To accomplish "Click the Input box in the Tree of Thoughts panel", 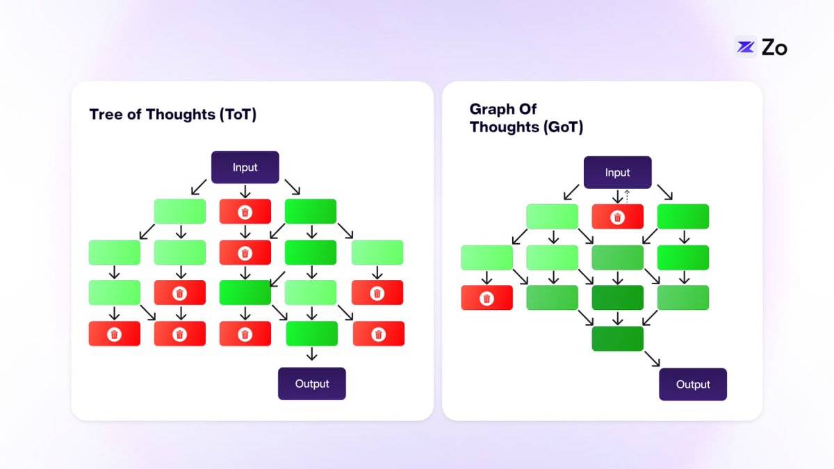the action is [x=245, y=167].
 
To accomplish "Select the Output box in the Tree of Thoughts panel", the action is [x=312, y=384].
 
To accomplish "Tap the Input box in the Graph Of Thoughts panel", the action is [x=618, y=172].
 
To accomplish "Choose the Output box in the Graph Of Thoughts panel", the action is [x=693, y=384].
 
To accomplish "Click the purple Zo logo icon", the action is [x=746, y=47].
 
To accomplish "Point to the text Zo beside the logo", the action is [x=774, y=48].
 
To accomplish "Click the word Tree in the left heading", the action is [x=106, y=114].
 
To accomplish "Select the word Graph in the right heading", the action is [x=491, y=110].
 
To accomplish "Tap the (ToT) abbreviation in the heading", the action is [x=238, y=114].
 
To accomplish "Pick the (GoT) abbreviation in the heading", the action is [x=564, y=127].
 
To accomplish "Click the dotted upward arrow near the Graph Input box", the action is [x=627, y=196].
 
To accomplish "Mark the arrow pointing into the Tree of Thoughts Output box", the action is [x=312, y=354].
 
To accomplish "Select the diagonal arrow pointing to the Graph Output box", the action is [x=653, y=359].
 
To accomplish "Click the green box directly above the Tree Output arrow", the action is [x=312, y=334].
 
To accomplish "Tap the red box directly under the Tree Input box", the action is [x=245, y=211].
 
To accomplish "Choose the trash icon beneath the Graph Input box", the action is [x=618, y=217].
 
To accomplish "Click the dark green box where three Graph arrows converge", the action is [x=618, y=339].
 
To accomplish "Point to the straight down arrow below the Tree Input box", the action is [x=245, y=191].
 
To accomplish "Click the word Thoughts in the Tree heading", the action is [x=181, y=115].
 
